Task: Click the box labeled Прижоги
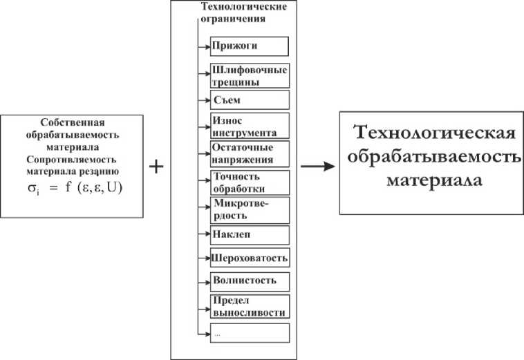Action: point(250,46)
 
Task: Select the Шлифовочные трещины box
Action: point(250,75)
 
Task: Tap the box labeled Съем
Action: point(250,100)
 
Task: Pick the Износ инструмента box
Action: point(250,126)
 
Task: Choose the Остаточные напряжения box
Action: point(250,153)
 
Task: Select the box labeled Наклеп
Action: point(250,235)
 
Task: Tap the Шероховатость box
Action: point(250,258)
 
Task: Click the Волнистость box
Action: point(250,281)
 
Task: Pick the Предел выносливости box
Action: point(250,306)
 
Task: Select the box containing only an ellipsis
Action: point(250,332)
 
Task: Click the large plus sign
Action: point(157,167)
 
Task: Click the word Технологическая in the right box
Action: point(433,133)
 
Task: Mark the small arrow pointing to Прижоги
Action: point(205,46)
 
